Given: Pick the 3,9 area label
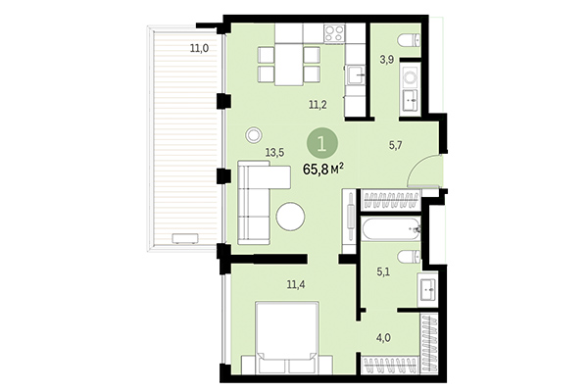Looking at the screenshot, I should coord(387,61).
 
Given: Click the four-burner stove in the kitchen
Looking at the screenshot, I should coord(334,32).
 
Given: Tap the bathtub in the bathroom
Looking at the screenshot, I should coord(388,230).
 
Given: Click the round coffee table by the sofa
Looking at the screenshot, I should coord(290,216).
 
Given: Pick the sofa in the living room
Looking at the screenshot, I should coord(257,204).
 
